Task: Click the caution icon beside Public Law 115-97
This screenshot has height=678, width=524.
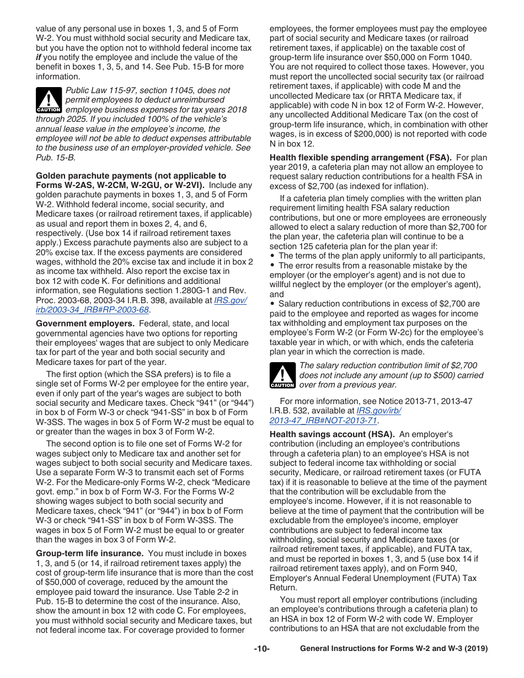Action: click(x=49, y=100)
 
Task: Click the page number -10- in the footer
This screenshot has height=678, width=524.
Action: click(x=261, y=649)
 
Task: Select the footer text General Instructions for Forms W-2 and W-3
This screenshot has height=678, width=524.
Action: click(x=393, y=649)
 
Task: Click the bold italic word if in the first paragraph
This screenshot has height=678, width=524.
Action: click(x=39, y=57)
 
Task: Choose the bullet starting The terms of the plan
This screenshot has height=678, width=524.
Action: click(x=381, y=256)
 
